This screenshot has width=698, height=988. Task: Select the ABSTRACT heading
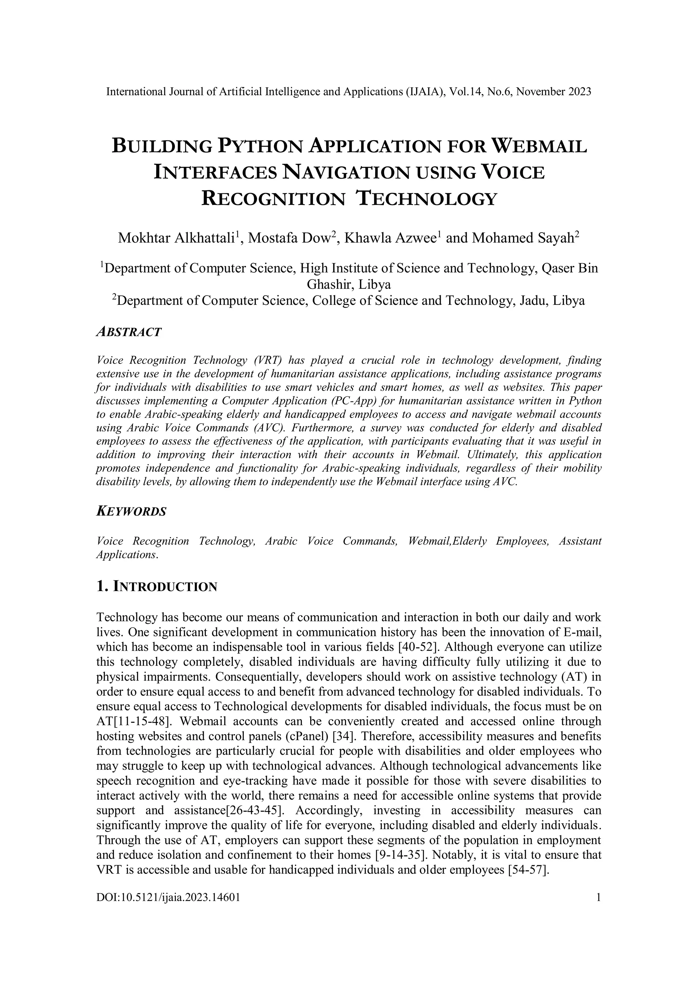click(129, 332)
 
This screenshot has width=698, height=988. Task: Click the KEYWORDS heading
click(131, 512)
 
